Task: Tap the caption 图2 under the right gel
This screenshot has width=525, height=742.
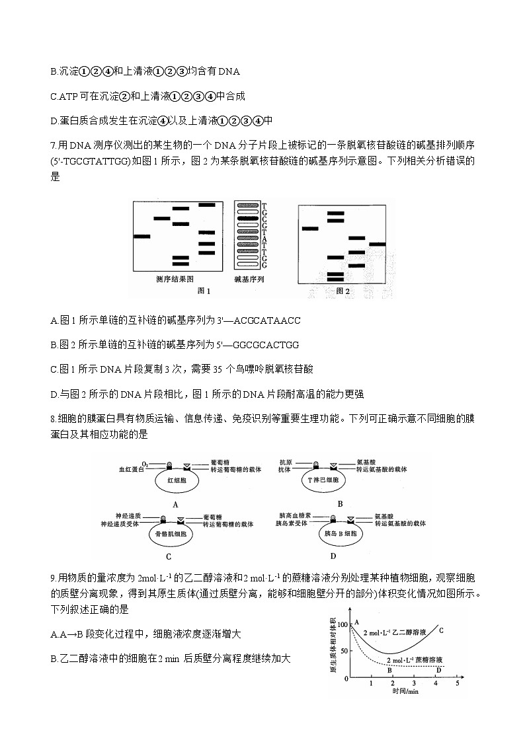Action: click(342, 290)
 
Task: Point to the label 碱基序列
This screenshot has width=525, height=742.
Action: click(249, 279)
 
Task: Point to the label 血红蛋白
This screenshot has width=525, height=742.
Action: click(131, 469)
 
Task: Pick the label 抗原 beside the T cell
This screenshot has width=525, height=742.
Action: click(286, 461)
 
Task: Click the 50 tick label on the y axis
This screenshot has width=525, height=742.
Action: click(342, 651)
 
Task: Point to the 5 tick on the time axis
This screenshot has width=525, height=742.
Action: click(458, 684)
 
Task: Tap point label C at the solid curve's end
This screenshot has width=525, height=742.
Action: click(440, 630)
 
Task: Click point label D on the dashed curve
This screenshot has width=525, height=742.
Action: click(438, 670)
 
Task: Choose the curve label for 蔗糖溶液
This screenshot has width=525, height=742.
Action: click(413, 660)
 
